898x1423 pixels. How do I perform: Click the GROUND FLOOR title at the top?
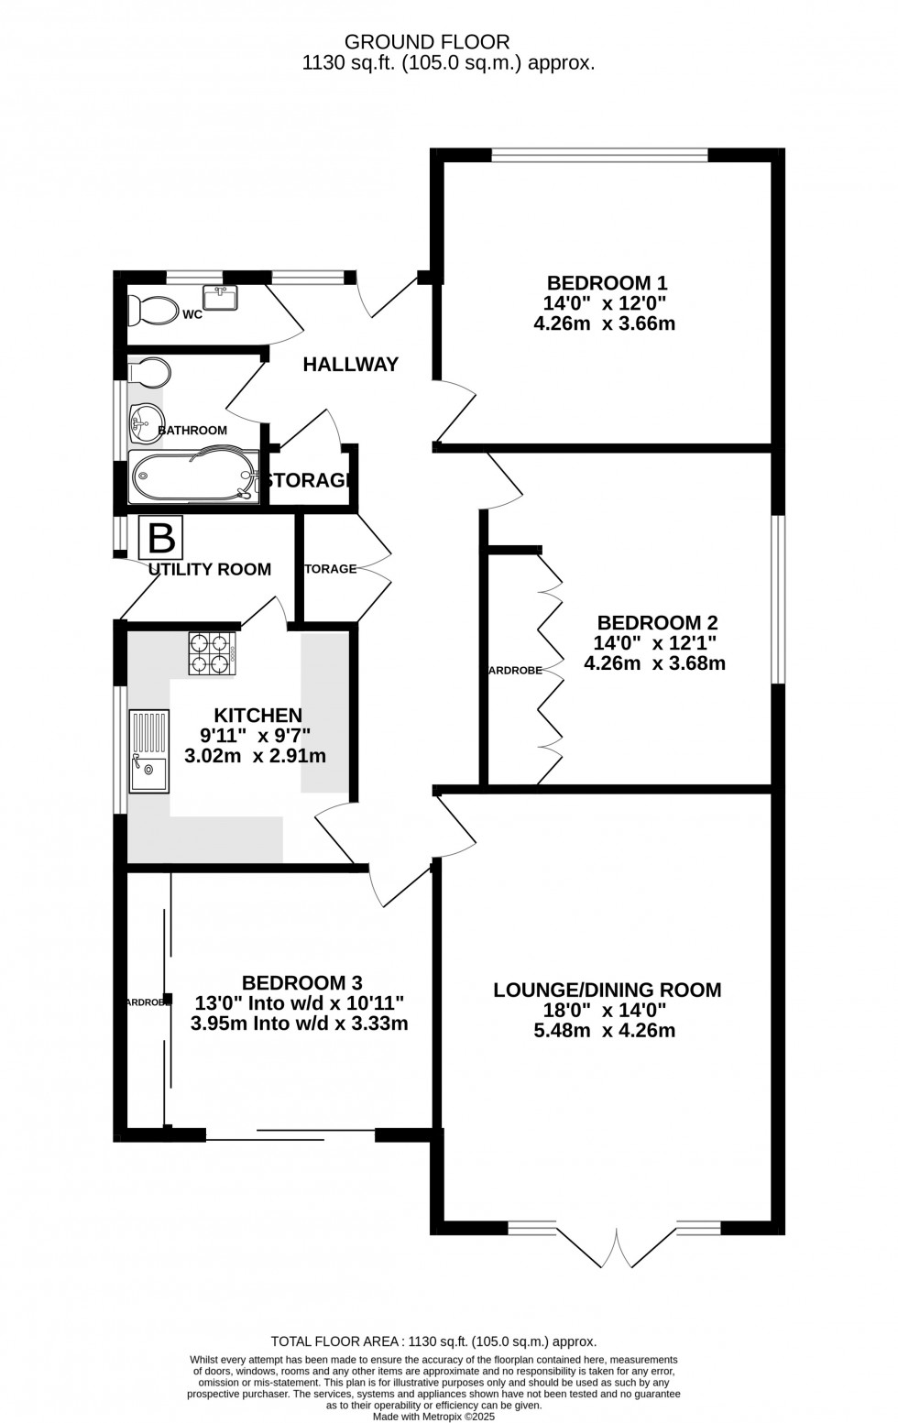pos(426,41)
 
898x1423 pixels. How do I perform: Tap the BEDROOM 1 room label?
pos(607,282)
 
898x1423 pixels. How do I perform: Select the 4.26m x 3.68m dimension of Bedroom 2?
pos(654,663)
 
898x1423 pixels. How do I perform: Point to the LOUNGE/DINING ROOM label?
pos(607,990)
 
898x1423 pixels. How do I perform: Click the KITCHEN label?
pos(257,715)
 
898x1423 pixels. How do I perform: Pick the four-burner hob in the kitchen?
pos(212,654)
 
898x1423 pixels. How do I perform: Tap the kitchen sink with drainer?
pos(148,751)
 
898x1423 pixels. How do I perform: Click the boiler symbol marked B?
pos(161,538)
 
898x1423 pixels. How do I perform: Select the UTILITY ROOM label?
pos(210,569)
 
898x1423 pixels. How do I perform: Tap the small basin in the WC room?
pos(221,298)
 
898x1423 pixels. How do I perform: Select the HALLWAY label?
pos(351,365)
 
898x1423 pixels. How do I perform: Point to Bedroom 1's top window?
pos(599,155)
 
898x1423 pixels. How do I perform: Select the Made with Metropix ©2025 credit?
pos(433,1417)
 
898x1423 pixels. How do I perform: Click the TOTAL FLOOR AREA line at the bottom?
pos(433,1341)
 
